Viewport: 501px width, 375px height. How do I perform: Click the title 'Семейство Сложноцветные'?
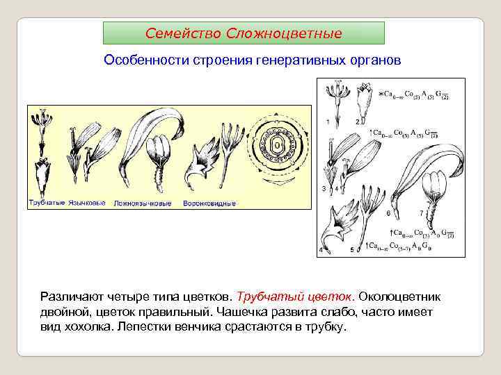click(x=244, y=33)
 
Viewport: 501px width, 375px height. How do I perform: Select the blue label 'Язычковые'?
click(x=87, y=203)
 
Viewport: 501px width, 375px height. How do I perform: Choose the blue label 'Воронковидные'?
click(x=209, y=203)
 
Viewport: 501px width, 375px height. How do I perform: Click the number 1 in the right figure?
click(x=328, y=122)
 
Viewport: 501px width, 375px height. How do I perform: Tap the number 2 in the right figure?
click(x=357, y=122)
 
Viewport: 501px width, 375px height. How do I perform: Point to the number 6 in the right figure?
click(x=388, y=213)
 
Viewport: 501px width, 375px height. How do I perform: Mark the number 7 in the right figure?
click(x=420, y=213)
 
